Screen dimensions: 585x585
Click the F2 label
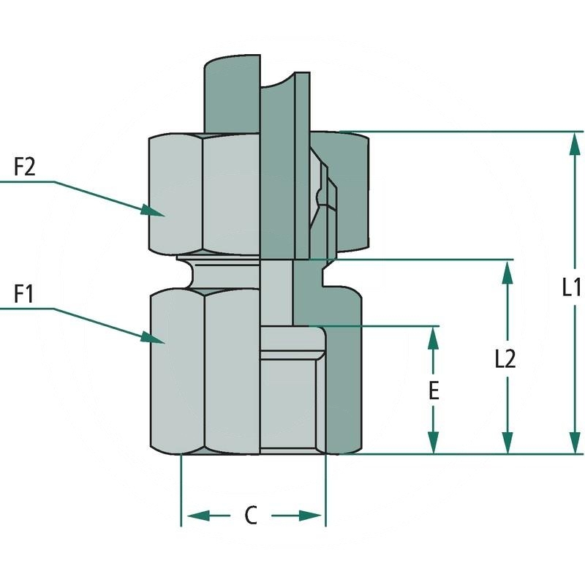click(x=25, y=167)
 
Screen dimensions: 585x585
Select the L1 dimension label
click(x=572, y=287)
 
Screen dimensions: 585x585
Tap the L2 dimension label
click(x=505, y=358)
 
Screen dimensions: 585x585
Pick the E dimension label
click(x=434, y=390)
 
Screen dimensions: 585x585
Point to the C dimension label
click(x=251, y=516)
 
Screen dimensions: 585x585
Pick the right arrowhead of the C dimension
click(x=312, y=516)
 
